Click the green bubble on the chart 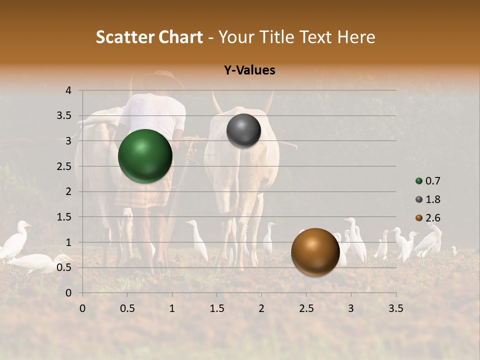click(x=145, y=156)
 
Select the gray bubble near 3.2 click(x=243, y=130)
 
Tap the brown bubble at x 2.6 click(x=315, y=252)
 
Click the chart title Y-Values click(x=249, y=70)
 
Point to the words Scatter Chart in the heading click(x=149, y=37)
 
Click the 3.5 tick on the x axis click(x=395, y=308)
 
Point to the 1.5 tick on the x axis click(x=216, y=308)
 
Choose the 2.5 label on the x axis click(x=306, y=308)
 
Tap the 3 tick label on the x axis click(x=351, y=308)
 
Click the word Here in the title click(x=356, y=37)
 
